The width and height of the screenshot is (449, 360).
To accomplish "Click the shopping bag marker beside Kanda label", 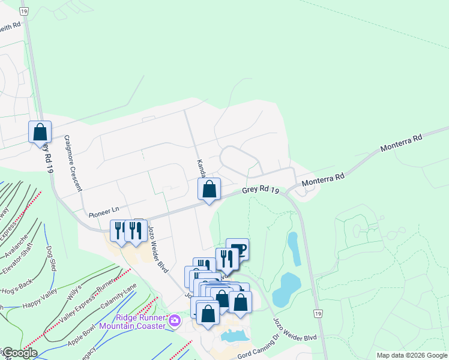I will [209, 190].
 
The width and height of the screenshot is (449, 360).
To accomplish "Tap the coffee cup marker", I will [238, 248].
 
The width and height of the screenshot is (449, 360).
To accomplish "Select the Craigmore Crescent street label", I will [73, 163].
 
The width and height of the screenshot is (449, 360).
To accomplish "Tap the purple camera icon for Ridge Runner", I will [175, 320].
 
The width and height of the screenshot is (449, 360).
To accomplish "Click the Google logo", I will [19, 353].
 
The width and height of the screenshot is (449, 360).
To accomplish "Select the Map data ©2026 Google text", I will [411, 355].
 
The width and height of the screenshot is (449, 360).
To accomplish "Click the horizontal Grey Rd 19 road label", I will [261, 191].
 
